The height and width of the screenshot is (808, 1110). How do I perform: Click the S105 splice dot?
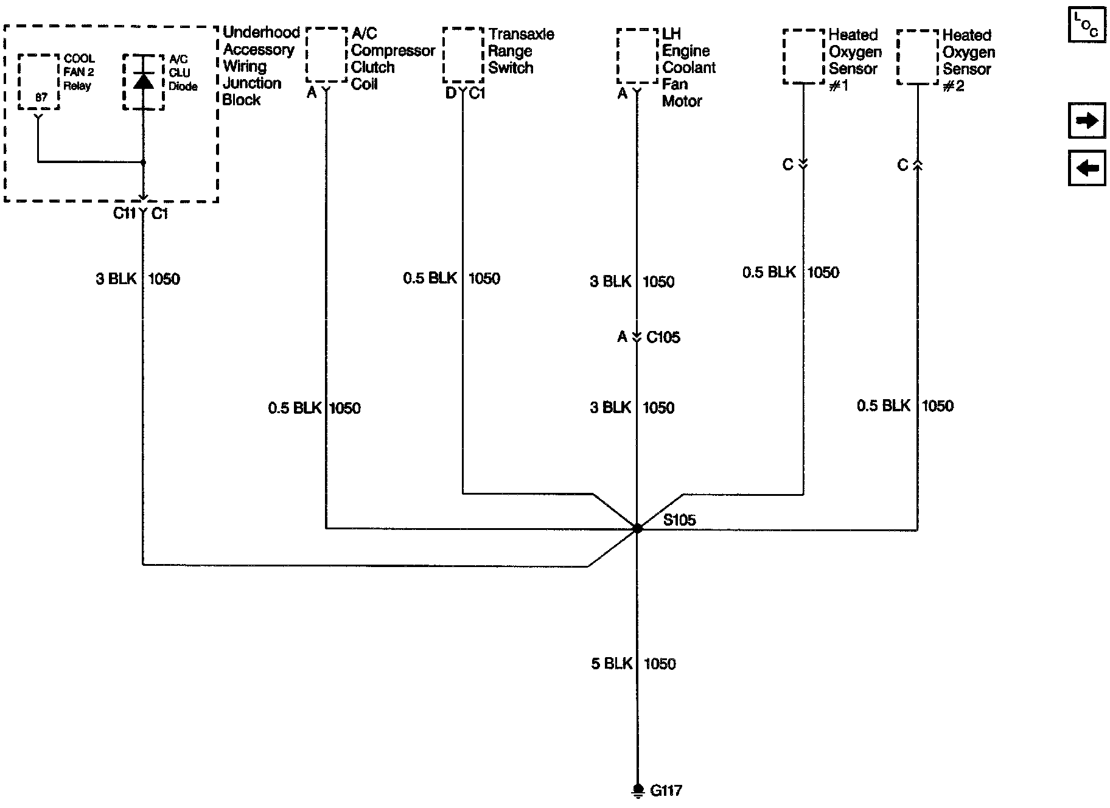[x=637, y=529]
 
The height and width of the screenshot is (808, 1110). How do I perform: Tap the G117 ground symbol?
[x=637, y=790]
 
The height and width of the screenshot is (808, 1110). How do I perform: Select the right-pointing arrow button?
[x=1087, y=121]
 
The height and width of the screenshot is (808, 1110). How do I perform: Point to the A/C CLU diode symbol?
[x=143, y=81]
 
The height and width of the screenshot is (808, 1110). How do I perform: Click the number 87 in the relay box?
[x=41, y=97]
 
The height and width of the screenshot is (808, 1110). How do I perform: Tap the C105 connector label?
[x=663, y=337]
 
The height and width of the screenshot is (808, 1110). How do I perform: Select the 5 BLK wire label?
[x=612, y=664]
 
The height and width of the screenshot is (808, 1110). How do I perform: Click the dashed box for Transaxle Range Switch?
[x=463, y=55]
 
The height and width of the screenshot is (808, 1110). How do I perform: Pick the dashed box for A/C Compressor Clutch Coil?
[x=326, y=55]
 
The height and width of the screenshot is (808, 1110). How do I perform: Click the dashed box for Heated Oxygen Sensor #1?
[x=803, y=56]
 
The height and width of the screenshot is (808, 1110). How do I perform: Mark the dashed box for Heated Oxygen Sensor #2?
[x=917, y=57]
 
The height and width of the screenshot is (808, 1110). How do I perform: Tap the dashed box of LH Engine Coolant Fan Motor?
[x=637, y=55]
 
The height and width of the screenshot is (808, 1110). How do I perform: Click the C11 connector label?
[x=124, y=214]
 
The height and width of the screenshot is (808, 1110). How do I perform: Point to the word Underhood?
[x=261, y=32]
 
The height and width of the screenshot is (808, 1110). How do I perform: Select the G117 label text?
[x=666, y=790]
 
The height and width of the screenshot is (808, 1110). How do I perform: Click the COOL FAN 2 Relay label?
[x=79, y=72]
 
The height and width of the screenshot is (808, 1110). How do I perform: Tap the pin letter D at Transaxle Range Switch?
[x=450, y=94]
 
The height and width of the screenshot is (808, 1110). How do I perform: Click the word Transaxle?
[x=521, y=34]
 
